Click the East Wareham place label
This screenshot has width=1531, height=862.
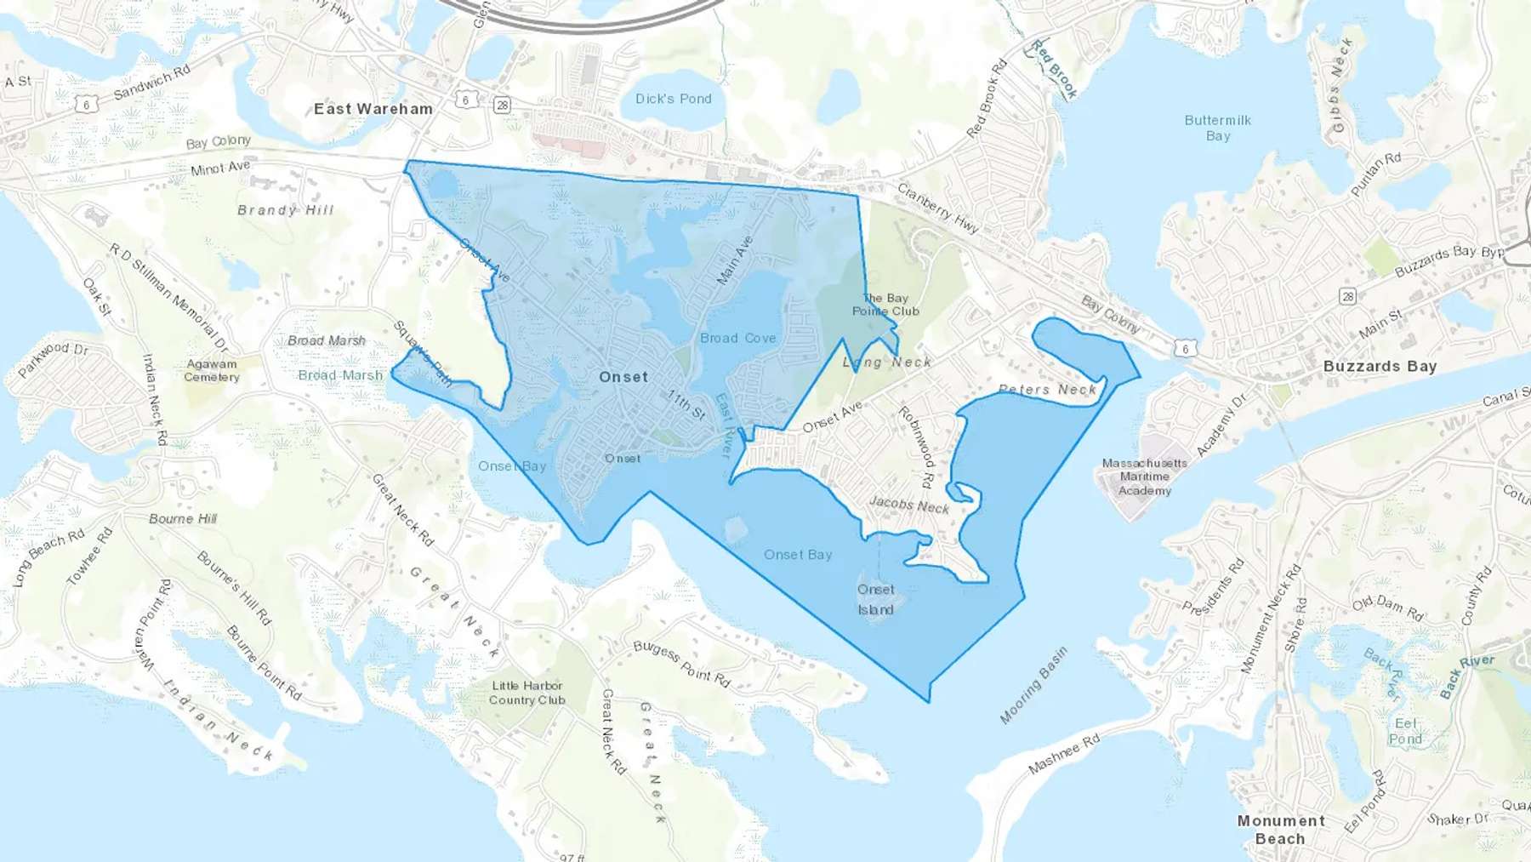373,109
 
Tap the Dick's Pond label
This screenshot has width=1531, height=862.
673,99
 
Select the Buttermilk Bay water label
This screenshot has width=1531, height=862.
1217,128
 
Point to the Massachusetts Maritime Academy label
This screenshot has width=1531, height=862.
1144,477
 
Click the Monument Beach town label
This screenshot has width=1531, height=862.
1280,830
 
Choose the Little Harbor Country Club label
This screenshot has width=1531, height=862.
527,693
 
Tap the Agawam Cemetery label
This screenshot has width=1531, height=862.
212,370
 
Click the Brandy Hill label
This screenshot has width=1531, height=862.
285,210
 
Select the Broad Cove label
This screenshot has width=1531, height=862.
737,338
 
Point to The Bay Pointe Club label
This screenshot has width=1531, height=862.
885,305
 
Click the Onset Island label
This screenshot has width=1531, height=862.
875,599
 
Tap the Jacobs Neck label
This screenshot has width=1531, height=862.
908,505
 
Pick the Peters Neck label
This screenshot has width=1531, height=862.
1047,390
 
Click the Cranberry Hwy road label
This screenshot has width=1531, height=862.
938,208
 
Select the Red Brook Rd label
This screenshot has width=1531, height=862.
987,98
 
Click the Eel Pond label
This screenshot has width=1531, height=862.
1405,731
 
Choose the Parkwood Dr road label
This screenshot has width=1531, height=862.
53,360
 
